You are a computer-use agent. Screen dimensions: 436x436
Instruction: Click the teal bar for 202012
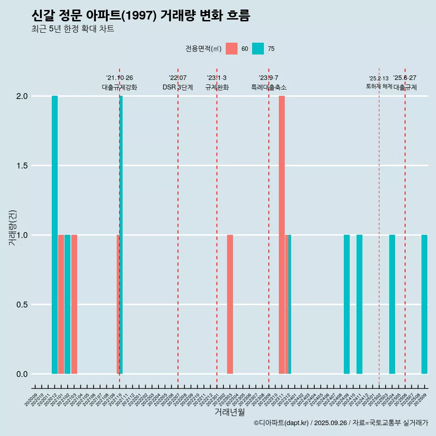[x=54, y=235]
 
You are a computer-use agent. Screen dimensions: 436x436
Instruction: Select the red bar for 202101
[x=61, y=304]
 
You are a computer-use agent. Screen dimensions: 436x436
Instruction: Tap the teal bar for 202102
[x=67, y=304]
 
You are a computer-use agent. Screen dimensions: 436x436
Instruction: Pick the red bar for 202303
[x=230, y=304]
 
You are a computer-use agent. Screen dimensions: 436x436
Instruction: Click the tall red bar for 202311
[x=282, y=235]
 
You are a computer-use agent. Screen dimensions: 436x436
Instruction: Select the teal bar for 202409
[x=347, y=304]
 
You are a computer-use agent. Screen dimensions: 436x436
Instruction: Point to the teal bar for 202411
[x=359, y=304]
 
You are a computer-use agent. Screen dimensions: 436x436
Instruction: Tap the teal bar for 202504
[x=392, y=304]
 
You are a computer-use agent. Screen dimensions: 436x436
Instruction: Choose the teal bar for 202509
[x=424, y=304]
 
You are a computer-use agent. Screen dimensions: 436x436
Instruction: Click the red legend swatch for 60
[x=232, y=49]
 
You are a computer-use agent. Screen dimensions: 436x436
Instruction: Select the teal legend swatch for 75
[x=258, y=49]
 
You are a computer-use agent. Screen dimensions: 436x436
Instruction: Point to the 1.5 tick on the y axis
[x=22, y=166]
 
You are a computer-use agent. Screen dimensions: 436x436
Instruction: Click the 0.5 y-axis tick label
[x=22, y=305]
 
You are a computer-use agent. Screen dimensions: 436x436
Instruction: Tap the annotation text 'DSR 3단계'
[x=178, y=87]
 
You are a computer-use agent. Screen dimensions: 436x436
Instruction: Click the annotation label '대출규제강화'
[x=119, y=87]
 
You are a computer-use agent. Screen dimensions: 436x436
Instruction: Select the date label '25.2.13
[x=379, y=79]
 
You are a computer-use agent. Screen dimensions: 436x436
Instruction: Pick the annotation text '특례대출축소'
[x=268, y=87]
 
